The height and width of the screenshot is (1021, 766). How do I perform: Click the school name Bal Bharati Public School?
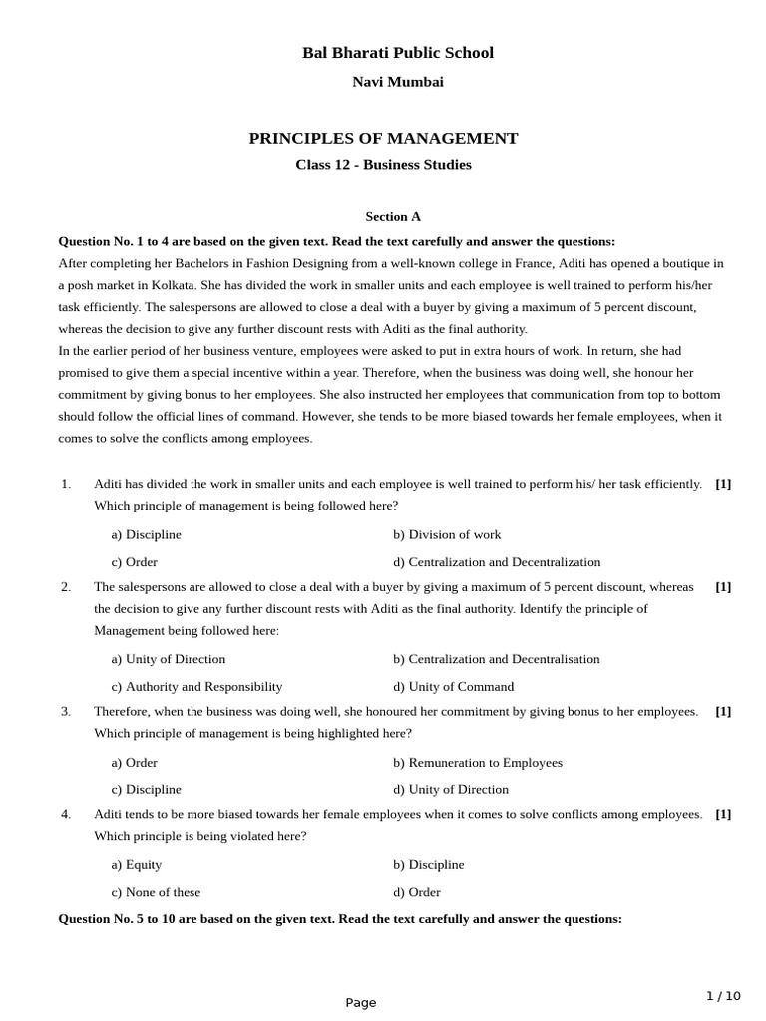pos(397,53)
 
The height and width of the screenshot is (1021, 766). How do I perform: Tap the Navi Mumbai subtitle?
pos(397,82)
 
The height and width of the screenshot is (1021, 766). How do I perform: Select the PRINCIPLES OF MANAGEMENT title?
pos(383,139)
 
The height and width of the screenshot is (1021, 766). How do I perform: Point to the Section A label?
pos(393,216)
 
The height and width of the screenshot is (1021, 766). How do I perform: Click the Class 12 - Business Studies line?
pos(383,165)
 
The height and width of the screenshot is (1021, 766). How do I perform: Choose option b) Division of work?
pos(447,535)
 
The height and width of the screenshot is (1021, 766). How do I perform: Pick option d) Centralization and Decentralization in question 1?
pos(497,562)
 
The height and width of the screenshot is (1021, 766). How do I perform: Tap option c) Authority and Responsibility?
pos(196,687)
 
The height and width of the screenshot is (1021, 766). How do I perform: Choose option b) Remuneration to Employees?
pos(477,763)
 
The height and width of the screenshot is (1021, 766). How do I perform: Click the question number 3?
pos(66,712)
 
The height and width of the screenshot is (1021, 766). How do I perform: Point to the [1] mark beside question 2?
pos(723,587)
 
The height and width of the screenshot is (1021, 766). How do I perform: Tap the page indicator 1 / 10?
pos(723,996)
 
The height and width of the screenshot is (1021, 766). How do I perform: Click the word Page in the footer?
pos(361,1003)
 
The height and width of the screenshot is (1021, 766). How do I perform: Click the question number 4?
pos(66,814)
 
